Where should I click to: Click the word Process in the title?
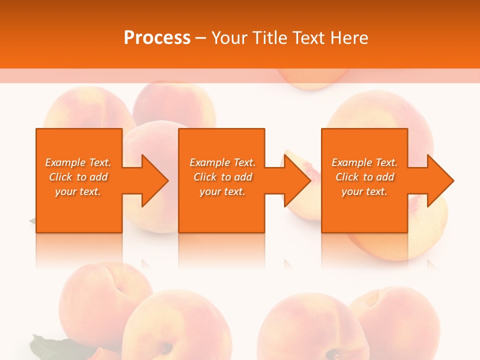point(157,38)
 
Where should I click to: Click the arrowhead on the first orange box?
point(152,180)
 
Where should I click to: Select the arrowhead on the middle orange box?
point(295,180)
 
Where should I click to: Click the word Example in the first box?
point(65,162)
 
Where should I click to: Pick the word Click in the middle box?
point(205,177)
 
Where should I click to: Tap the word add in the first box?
point(99,177)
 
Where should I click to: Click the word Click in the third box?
point(347,177)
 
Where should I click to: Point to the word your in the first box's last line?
point(66,191)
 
